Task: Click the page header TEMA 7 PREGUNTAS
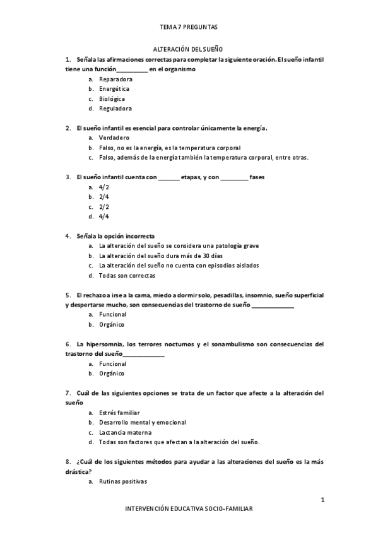(x=189, y=27)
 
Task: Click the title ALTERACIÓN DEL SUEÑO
(x=189, y=49)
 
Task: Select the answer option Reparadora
(x=115, y=79)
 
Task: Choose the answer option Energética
(x=114, y=89)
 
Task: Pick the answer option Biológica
(x=112, y=98)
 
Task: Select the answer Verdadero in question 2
(x=114, y=138)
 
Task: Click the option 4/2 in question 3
(x=104, y=187)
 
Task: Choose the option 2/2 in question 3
(x=104, y=206)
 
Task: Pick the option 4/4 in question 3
(x=104, y=216)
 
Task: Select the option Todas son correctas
(x=127, y=275)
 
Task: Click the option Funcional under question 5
(x=113, y=314)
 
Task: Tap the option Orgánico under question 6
(x=112, y=373)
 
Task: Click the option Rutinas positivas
(x=123, y=481)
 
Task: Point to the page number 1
(x=322, y=500)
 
